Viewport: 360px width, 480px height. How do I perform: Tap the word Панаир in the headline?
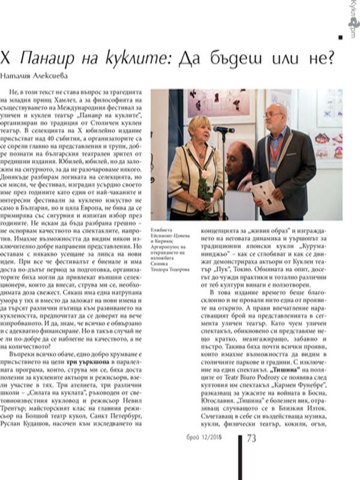(x=44, y=58)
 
